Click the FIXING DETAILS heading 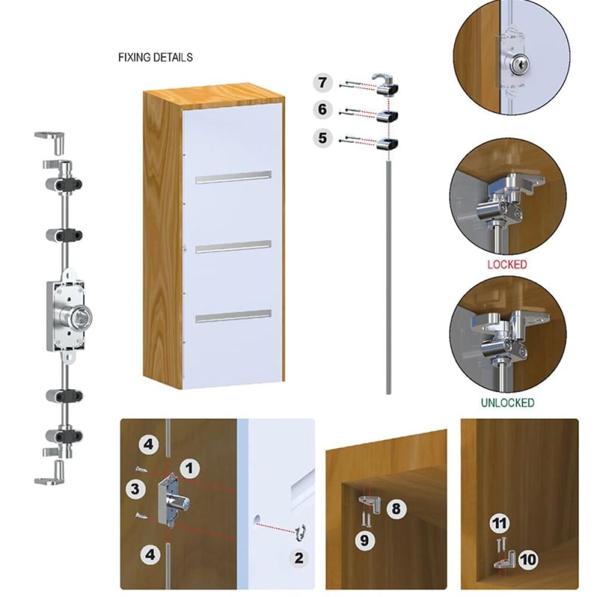pos(155,57)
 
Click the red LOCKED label pos(507,264)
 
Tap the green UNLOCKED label pos(507,402)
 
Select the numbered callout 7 pos(323,82)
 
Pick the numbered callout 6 pos(323,110)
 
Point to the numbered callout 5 pos(323,138)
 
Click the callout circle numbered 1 pos(190,468)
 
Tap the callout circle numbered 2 pos(299,558)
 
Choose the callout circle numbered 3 pos(136,489)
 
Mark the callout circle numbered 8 pos(396,509)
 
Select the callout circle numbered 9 pos(365,540)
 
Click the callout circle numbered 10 pos(528,560)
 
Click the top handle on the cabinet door pos(233,177)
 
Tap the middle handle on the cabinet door pos(233,247)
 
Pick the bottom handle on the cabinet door pos(233,316)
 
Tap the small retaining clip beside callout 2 pos(301,532)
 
